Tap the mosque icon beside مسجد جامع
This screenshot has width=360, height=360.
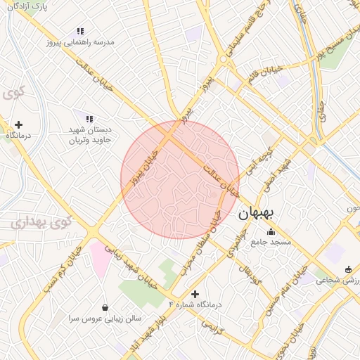271,232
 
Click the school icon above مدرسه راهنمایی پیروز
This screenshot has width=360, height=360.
80,32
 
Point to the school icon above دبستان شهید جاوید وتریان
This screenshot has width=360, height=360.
89,120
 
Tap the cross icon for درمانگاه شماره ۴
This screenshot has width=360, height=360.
195,294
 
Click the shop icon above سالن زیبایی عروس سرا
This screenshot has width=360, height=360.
105,307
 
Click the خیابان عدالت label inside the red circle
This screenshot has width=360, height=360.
221,181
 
